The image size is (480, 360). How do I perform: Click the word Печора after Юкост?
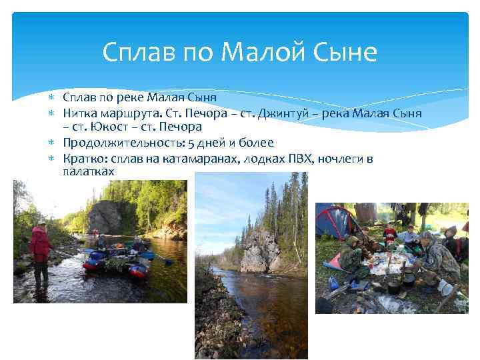[x=177, y=127]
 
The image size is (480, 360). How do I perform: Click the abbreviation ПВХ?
[x=293, y=159]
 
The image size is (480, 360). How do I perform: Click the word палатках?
[x=89, y=171]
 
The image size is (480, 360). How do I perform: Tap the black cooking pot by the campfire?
[x=395, y=285]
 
